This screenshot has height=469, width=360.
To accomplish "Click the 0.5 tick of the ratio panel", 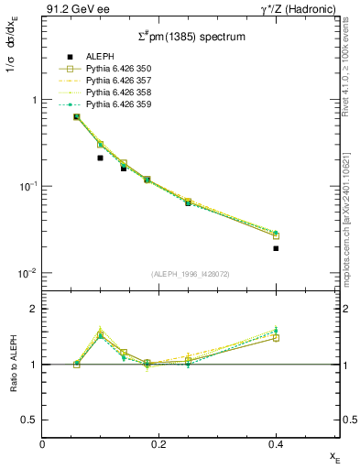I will pos(32,420).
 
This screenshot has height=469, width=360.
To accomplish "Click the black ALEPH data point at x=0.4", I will pos(276,248).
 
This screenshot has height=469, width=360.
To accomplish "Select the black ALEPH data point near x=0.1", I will pos(101,158).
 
